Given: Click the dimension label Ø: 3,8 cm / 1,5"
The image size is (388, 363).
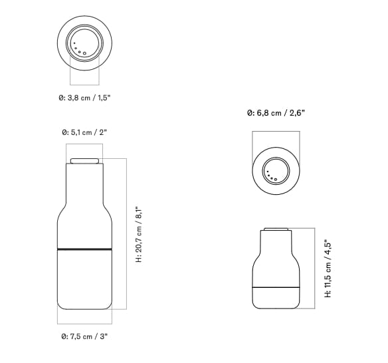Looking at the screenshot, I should [84, 98].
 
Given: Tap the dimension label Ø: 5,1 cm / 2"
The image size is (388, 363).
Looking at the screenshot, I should [84, 133].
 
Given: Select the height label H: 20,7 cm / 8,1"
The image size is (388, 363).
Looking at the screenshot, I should [139, 233].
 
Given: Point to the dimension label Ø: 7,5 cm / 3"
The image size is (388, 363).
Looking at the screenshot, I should [84, 337].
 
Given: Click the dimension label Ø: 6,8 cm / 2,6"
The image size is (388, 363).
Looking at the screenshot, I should [276, 114].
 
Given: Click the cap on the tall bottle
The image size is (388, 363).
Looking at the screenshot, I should [84, 161].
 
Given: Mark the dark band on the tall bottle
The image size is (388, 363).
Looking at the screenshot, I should [84, 249].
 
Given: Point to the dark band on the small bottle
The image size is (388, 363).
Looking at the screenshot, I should [276, 287].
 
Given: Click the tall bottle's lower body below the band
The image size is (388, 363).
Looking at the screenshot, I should [84, 279].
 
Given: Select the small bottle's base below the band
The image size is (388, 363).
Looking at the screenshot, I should [276, 298].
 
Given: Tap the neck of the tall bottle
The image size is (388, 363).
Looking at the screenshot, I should [84, 183].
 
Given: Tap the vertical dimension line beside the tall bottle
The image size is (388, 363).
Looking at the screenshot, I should [126, 233].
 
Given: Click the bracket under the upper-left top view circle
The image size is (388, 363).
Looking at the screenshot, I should [84, 84].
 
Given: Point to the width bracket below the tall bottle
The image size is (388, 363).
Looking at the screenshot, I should [84, 323].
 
